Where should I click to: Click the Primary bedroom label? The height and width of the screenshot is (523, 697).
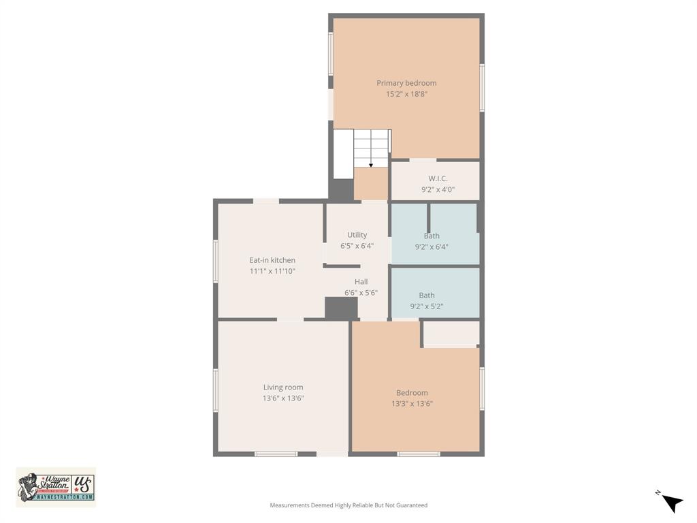(x=406, y=83)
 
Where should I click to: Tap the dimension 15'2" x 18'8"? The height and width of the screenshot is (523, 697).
(x=406, y=95)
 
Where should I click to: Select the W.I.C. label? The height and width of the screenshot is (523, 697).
(x=438, y=178)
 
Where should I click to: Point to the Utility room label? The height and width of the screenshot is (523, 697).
(x=357, y=235)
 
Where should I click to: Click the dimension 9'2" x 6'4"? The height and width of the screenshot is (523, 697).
(x=432, y=247)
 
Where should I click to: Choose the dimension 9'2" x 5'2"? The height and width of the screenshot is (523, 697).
(x=427, y=306)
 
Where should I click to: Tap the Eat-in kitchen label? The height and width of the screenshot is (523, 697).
(x=272, y=260)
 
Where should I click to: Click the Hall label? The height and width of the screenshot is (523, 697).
(x=361, y=281)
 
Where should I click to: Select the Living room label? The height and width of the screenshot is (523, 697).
(x=283, y=387)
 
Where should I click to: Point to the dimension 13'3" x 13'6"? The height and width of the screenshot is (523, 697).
(x=412, y=404)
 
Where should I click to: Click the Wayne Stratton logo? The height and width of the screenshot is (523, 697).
(x=56, y=487)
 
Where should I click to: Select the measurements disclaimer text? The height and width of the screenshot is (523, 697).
(x=348, y=505)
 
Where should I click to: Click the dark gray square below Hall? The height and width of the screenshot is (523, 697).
(x=341, y=308)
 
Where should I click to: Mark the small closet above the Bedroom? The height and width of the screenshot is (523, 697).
(x=451, y=333)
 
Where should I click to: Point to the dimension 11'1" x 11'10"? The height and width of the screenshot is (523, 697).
(x=272, y=272)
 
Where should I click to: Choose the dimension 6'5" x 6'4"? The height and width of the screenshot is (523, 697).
(x=357, y=247)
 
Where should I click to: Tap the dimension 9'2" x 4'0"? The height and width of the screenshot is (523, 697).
(x=438, y=190)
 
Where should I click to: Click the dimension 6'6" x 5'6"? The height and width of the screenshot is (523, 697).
(x=361, y=293)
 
